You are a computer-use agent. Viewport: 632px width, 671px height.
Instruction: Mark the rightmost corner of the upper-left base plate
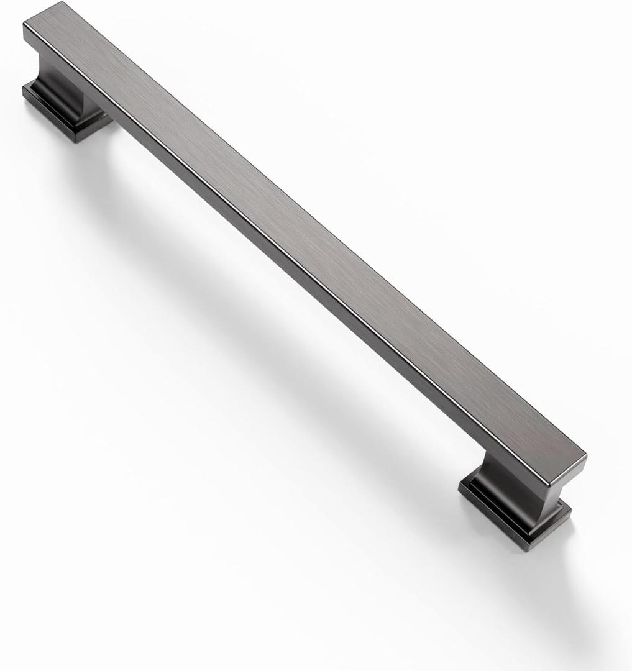tap(112, 116)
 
